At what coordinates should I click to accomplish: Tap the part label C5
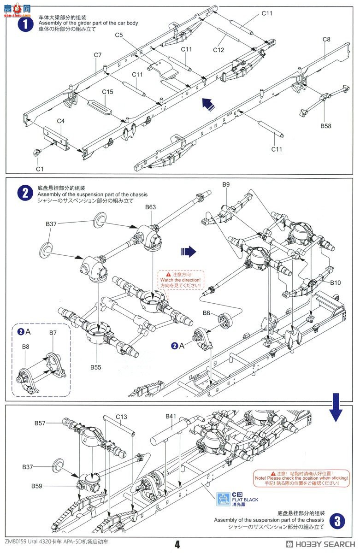(x=119, y=35)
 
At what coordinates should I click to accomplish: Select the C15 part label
(x=107, y=92)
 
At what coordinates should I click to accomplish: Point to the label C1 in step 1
(x=40, y=169)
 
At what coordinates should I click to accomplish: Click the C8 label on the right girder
(x=326, y=39)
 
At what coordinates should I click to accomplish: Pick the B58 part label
(x=326, y=126)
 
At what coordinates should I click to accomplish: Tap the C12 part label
(x=218, y=50)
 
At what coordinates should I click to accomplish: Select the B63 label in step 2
(x=150, y=207)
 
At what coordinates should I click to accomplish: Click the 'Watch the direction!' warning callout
(x=180, y=280)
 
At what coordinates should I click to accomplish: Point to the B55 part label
(x=95, y=367)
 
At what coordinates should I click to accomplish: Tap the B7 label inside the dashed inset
(x=53, y=332)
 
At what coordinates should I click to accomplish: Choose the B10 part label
(x=335, y=282)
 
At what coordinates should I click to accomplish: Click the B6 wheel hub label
(x=206, y=313)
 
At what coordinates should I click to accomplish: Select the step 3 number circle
(x=338, y=521)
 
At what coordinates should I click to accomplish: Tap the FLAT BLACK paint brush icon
(x=223, y=498)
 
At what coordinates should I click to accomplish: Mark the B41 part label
(x=171, y=416)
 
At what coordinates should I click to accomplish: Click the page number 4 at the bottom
(x=177, y=544)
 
